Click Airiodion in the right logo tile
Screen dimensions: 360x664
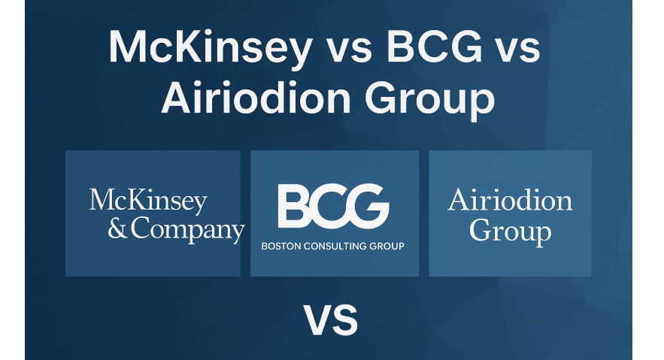[x=510, y=201]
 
